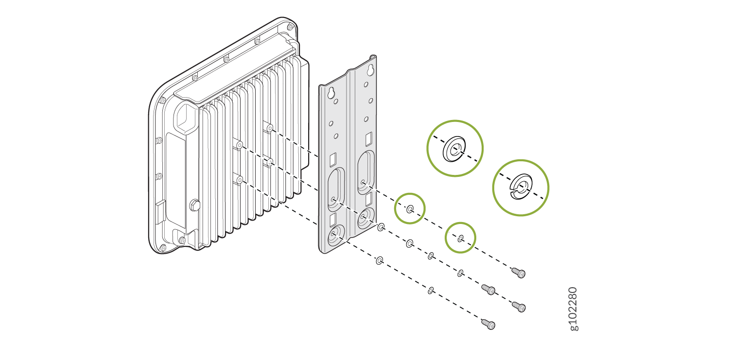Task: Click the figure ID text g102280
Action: click(x=574, y=309)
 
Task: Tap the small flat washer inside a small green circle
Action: click(x=410, y=209)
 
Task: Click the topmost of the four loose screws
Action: click(x=519, y=273)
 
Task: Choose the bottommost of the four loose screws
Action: click(x=488, y=324)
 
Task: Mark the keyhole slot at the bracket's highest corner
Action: click(x=370, y=69)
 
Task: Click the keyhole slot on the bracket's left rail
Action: click(x=331, y=93)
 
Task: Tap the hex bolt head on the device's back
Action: click(x=194, y=205)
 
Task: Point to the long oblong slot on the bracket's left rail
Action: click(x=336, y=188)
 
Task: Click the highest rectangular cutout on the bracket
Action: click(x=369, y=139)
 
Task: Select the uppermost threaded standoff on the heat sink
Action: click(x=269, y=128)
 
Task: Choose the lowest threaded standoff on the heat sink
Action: click(x=240, y=179)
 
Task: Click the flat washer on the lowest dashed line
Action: click(x=380, y=260)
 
